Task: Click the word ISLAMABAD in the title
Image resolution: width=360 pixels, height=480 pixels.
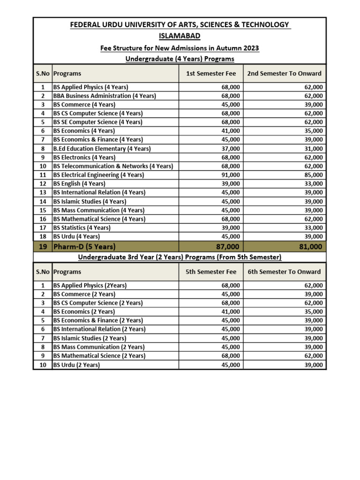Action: click(x=180, y=36)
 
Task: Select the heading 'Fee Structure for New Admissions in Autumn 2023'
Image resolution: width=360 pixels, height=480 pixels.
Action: click(x=180, y=48)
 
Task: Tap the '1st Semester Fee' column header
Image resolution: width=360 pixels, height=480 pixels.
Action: click(x=211, y=74)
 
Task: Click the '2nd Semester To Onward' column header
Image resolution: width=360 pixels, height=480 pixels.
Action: click(x=284, y=74)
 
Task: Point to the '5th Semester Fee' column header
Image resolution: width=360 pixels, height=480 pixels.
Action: click(x=211, y=272)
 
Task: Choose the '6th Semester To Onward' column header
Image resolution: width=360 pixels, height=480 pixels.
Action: click(x=284, y=272)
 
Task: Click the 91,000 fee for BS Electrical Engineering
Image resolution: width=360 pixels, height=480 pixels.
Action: click(x=231, y=175)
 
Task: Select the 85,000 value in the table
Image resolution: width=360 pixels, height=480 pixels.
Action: click(x=313, y=175)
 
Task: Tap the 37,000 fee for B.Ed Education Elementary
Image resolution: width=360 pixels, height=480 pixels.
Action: click(x=231, y=149)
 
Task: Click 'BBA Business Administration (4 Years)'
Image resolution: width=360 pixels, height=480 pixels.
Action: click(x=105, y=96)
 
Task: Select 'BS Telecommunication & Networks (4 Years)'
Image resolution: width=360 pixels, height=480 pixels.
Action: click(x=113, y=166)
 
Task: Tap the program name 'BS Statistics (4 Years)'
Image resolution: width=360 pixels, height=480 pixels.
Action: click(x=82, y=228)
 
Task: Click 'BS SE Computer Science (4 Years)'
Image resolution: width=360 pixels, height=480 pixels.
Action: click(x=97, y=122)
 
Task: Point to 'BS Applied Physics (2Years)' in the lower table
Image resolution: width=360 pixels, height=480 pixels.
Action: click(x=90, y=285)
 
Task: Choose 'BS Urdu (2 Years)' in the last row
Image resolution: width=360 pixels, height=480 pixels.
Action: click(x=76, y=365)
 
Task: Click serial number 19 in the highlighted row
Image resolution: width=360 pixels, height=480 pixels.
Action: click(x=43, y=247)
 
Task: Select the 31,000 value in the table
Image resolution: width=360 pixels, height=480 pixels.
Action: click(x=313, y=149)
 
